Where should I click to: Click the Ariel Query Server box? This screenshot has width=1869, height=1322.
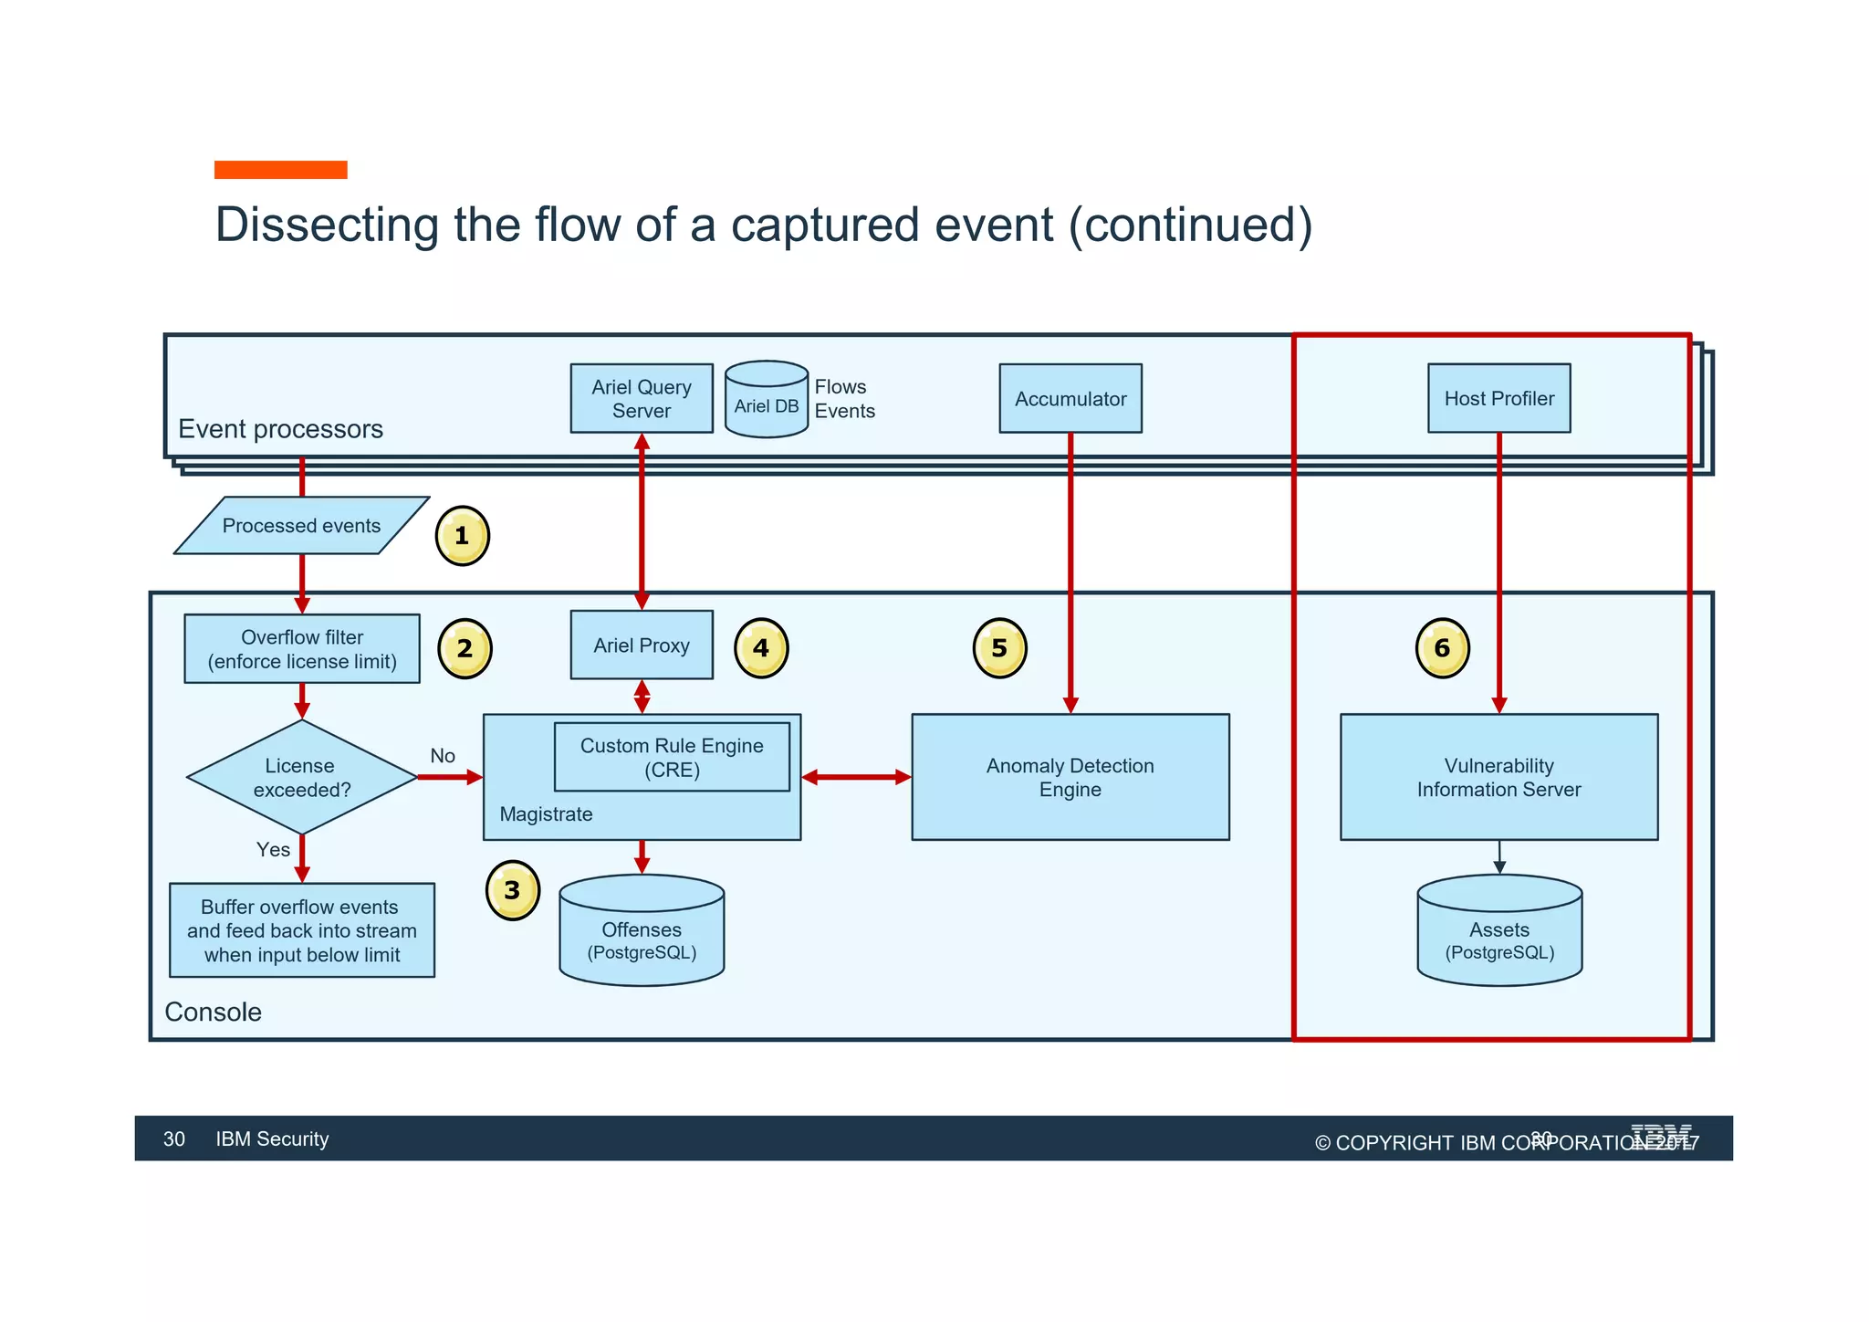pos(641,398)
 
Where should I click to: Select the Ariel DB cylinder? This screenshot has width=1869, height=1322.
pos(766,400)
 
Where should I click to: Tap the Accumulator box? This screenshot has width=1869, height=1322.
pos(1070,398)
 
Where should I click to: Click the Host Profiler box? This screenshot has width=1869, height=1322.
pos(1498,398)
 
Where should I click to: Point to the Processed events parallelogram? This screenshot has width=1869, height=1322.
pos(301,526)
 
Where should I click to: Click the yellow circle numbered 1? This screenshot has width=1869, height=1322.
pos(462,536)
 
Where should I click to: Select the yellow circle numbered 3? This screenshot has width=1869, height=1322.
pos(512,890)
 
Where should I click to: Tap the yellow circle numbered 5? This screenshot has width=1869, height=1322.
pos(999,648)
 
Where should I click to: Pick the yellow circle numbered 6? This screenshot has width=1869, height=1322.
pos(1442,648)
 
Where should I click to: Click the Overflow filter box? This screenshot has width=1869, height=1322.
pos(301,649)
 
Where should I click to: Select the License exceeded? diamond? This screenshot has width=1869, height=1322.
pos(301,777)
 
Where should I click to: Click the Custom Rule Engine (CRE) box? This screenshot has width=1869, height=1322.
pos(672,757)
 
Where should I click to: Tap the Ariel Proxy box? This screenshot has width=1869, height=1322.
pos(641,645)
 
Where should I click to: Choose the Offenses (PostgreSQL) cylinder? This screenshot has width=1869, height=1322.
pos(642,931)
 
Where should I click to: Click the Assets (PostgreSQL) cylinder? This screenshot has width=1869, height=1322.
pos(1498,931)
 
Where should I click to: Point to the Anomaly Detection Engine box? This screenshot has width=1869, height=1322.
pos(1070,777)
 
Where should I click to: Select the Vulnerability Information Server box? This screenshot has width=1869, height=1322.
pos(1498,777)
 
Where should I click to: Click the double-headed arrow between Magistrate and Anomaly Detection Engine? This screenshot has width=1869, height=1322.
pos(856,777)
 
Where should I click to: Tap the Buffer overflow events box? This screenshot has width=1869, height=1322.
pos(301,930)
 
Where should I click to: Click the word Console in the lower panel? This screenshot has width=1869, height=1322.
pos(213,1012)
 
